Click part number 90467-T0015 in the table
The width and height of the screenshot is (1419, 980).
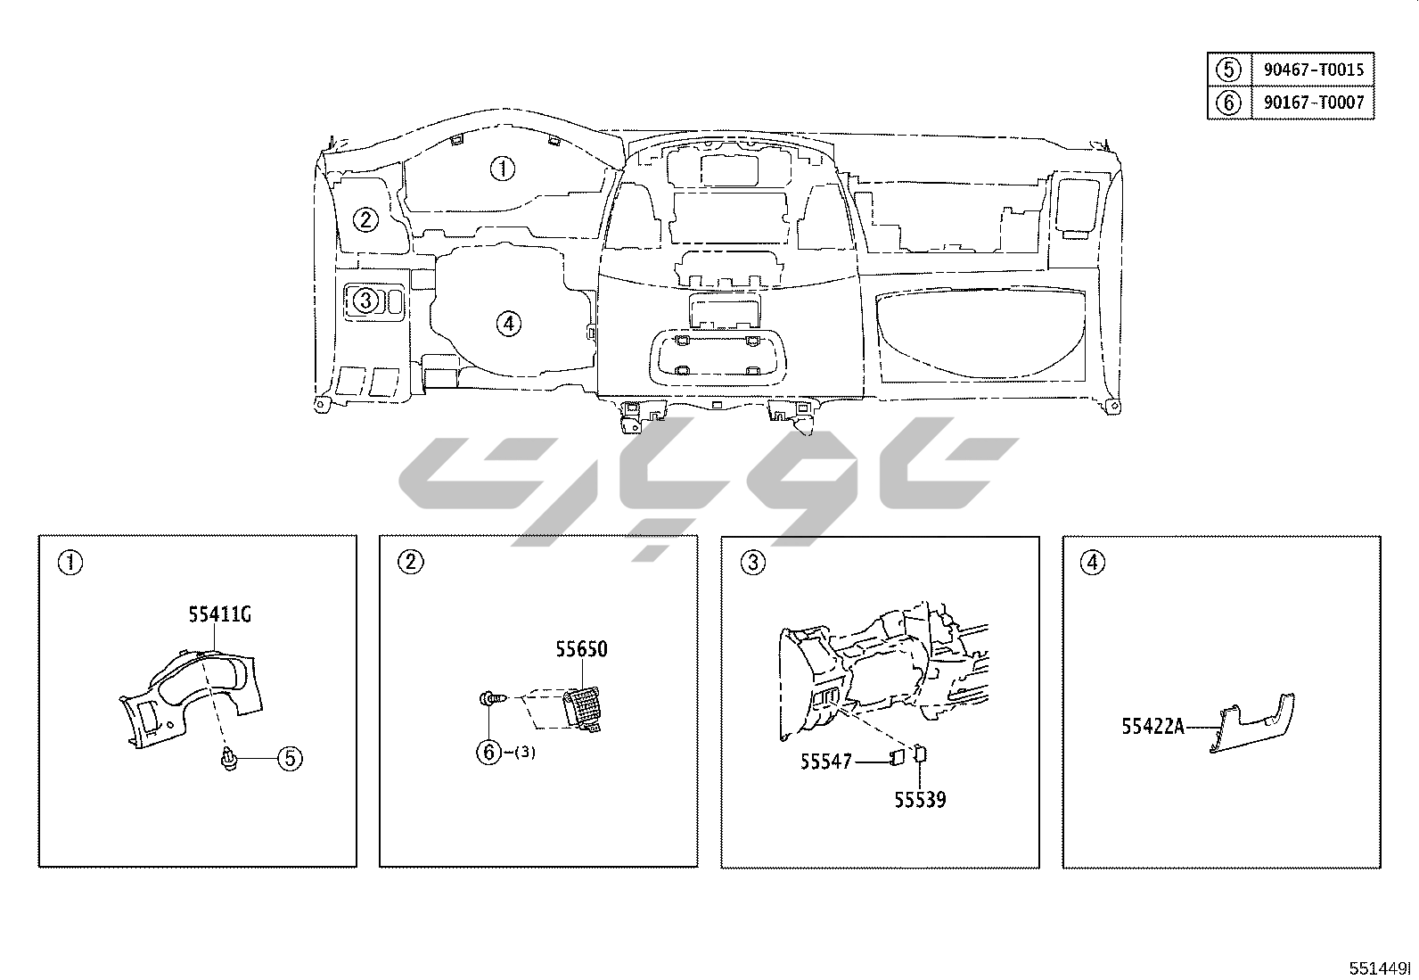pyautogui.click(x=1313, y=69)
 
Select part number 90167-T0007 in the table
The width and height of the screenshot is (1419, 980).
pyautogui.click(x=1313, y=102)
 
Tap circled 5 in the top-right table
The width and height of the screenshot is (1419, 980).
pyautogui.click(x=1228, y=69)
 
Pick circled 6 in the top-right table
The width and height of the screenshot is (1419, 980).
pyautogui.click(x=1228, y=102)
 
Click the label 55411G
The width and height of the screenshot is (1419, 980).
pyautogui.click(x=220, y=614)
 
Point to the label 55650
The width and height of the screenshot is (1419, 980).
pyautogui.click(x=581, y=648)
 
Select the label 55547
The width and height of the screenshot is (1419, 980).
pyautogui.click(x=826, y=761)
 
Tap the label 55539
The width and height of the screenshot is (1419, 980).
pyautogui.click(x=920, y=799)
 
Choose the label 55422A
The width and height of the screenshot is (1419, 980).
pyautogui.click(x=1153, y=726)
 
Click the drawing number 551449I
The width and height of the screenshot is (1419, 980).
pyautogui.click(x=1379, y=968)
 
